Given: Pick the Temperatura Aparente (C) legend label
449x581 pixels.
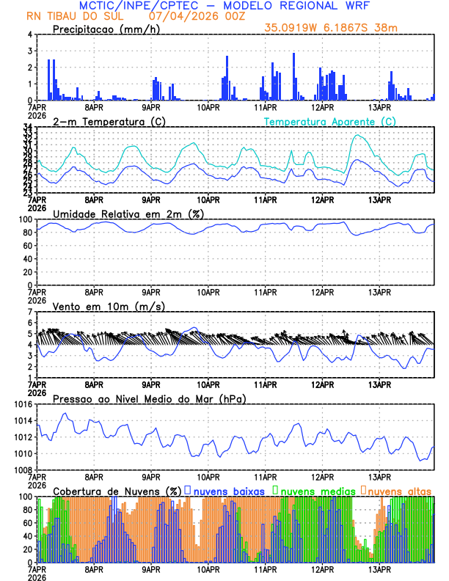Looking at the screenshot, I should (329, 121).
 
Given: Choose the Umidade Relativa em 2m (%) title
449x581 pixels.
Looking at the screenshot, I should (128, 213).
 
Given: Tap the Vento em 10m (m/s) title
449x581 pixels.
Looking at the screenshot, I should (109, 306).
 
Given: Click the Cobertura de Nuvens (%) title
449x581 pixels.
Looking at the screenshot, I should (117, 490).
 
